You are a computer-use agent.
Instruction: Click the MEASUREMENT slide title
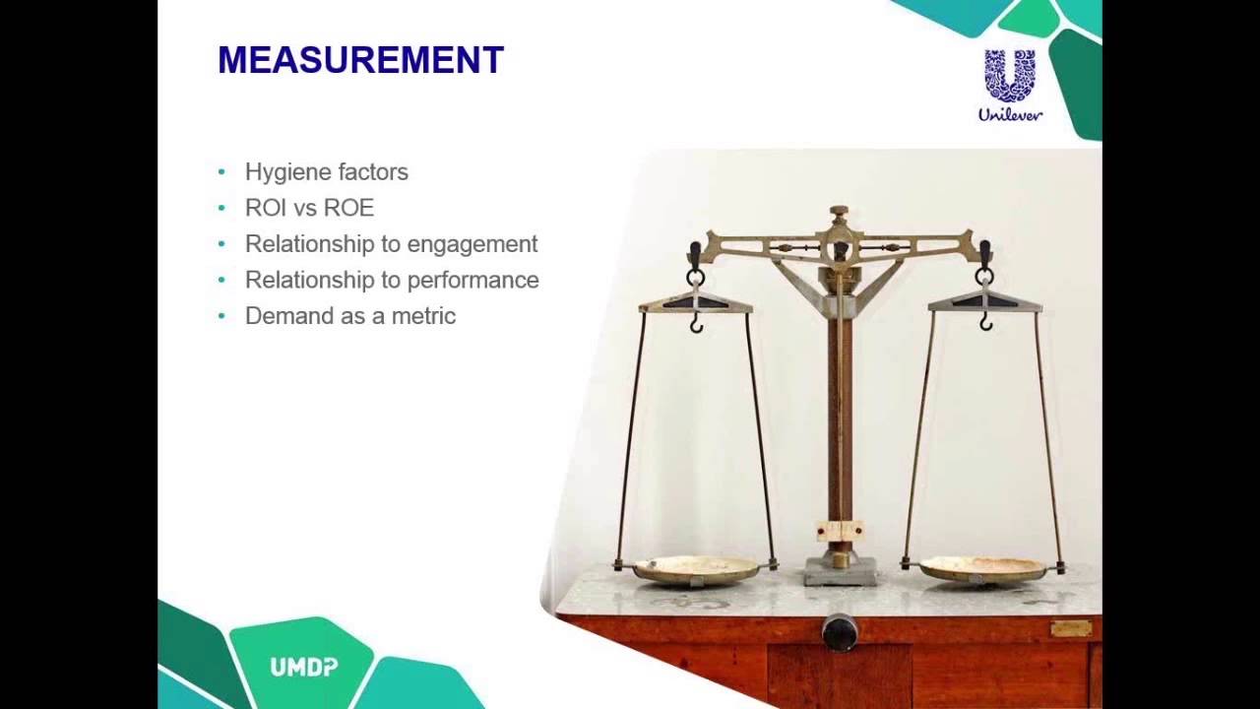point(360,60)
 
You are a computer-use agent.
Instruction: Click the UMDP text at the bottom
point(304,668)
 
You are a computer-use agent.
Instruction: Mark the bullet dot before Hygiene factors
point(221,172)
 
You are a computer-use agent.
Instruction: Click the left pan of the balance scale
point(696,568)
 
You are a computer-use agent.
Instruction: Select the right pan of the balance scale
point(983,568)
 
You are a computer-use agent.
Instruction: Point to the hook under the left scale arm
point(696,323)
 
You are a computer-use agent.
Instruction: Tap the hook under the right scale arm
point(985,321)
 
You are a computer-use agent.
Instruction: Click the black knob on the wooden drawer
point(840,632)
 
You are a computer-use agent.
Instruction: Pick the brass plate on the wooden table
point(1071,628)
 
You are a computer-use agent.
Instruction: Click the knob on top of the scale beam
point(839,212)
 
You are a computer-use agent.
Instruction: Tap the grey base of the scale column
point(840,570)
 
